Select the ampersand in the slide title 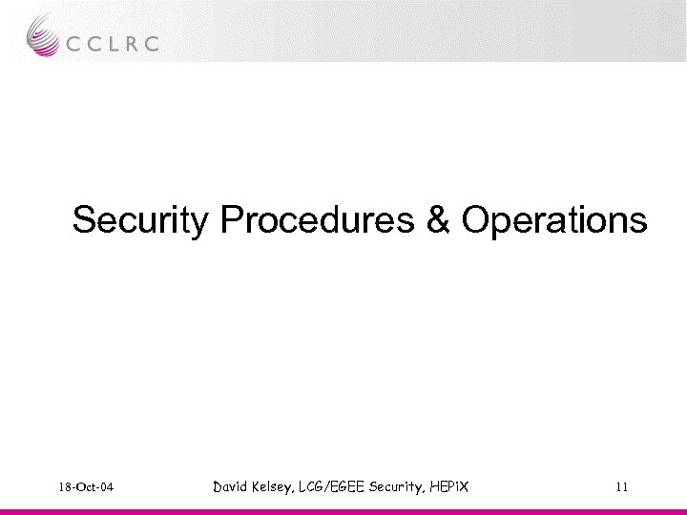point(437,220)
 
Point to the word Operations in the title point(553,220)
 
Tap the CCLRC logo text point(114,43)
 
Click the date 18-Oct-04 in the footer point(85,488)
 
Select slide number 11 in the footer point(622,488)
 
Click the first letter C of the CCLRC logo point(75,43)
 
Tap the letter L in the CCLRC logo point(114,43)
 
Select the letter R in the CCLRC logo point(132,43)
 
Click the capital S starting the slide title point(84,220)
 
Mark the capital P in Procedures point(233,220)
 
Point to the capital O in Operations point(474,220)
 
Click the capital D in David point(219,487)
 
